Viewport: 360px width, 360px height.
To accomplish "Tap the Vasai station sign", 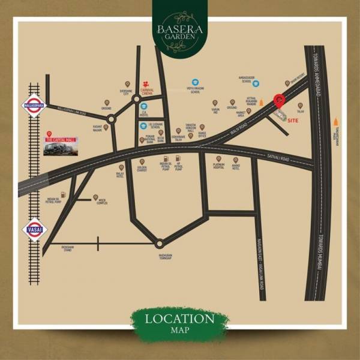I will [x=34, y=229].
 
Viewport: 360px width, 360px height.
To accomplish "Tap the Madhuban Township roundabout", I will [x=160, y=243].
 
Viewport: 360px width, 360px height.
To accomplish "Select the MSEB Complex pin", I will [x=96, y=196].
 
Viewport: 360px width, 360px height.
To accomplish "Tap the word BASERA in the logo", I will [x=180, y=28].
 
